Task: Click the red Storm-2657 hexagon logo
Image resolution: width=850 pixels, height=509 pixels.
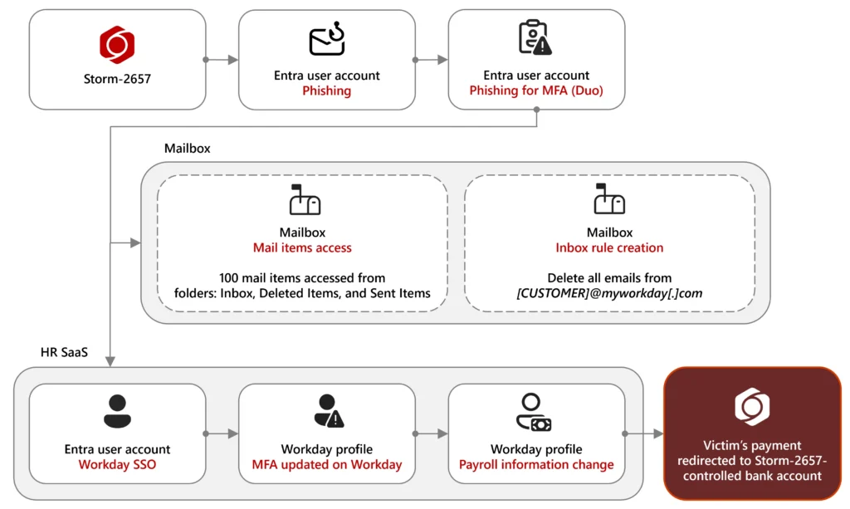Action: tap(117, 44)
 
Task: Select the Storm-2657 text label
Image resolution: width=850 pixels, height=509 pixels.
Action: tap(117, 80)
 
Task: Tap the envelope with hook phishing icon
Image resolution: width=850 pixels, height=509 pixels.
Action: tap(326, 40)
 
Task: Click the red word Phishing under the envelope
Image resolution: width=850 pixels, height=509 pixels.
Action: tap(326, 91)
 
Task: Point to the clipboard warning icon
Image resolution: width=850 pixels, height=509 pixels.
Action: tap(535, 38)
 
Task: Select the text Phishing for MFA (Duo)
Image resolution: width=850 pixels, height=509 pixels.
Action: tap(536, 91)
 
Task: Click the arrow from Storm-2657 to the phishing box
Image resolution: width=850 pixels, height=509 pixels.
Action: tap(222, 60)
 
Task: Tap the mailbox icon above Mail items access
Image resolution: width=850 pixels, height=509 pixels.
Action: tap(303, 199)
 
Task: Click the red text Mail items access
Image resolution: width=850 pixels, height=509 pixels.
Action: tap(302, 247)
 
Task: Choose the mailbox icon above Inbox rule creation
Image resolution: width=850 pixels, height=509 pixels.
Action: tap(609, 199)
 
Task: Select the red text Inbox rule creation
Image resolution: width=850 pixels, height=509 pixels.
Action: tap(609, 247)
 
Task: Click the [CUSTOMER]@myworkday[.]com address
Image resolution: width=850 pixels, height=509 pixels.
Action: tap(609, 293)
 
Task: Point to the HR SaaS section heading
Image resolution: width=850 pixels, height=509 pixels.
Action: tap(64, 353)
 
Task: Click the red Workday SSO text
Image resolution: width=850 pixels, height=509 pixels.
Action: tap(117, 465)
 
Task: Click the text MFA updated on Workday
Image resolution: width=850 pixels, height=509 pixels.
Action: tap(327, 465)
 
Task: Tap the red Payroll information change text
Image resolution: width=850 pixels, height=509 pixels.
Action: tap(536, 465)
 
